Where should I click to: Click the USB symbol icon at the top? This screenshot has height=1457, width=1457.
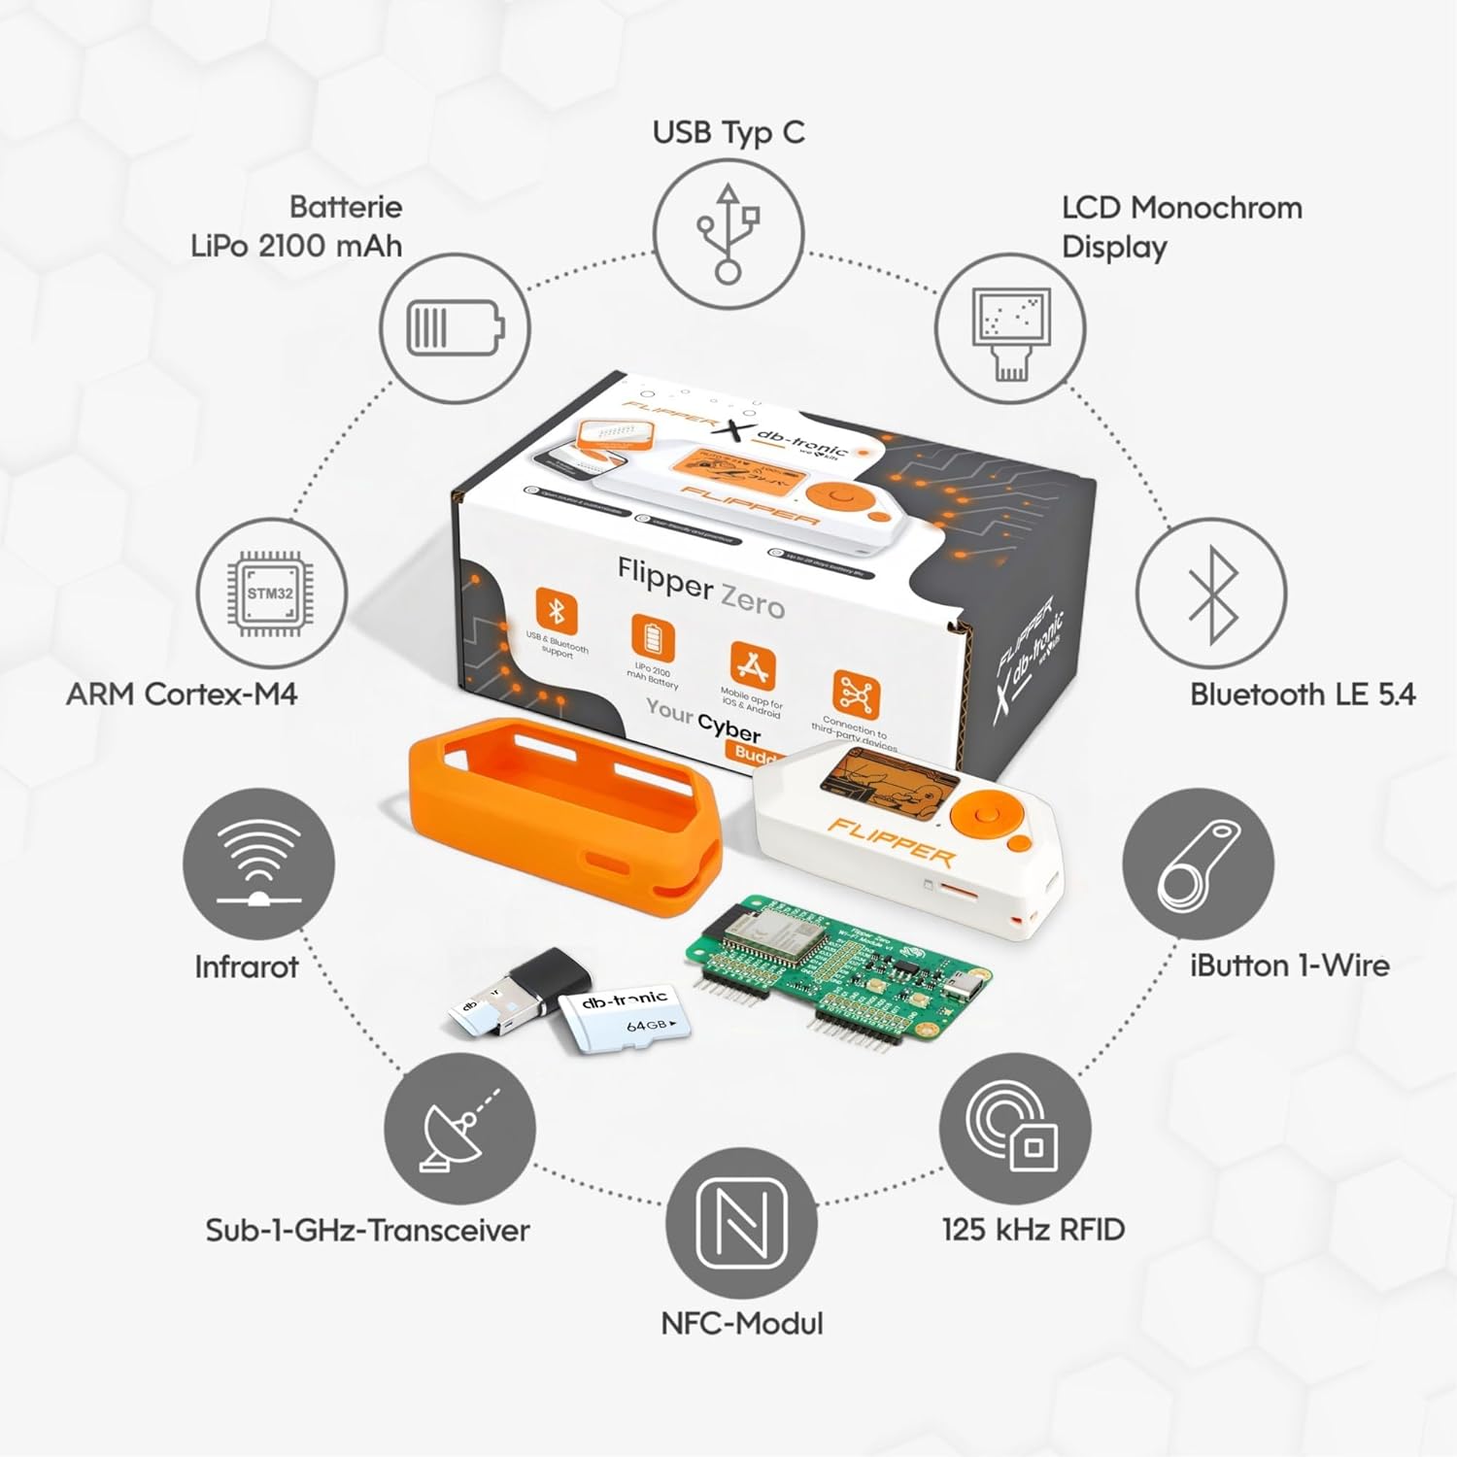[x=728, y=234]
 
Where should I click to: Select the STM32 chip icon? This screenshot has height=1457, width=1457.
[x=270, y=593]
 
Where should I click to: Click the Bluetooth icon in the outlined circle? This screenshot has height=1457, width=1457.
[x=1211, y=593]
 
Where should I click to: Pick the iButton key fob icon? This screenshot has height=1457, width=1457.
[x=1199, y=864]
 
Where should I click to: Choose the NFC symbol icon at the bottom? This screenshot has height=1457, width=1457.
[x=742, y=1222]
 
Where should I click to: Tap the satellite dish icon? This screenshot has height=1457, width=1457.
[x=458, y=1132]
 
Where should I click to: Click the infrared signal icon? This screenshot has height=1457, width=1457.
[x=258, y=864]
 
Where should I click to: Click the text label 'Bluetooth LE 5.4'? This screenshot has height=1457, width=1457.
[x=1302, y=695]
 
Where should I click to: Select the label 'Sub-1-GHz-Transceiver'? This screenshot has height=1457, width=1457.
[x=367, y=1230]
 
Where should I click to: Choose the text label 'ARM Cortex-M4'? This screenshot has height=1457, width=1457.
[x=182, y=695]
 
